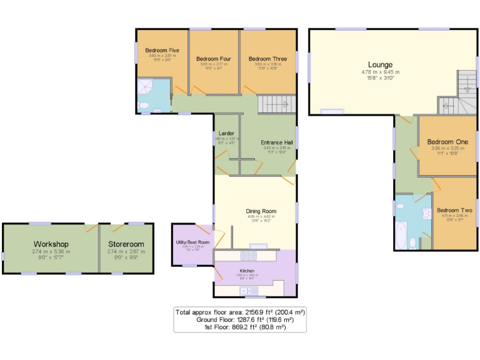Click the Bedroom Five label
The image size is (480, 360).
pos(162,50)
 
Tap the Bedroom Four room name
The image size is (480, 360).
pos(213,59)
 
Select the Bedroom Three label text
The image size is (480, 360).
pos(268,59)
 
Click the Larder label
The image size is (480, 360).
pos(226,133)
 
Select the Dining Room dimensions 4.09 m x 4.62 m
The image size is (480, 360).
pos(261,217)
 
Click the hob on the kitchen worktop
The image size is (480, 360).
pos(249,255)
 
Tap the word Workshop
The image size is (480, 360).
pos(51,244)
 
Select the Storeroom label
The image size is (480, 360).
pos(126,244)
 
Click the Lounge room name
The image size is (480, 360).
pos(380,65)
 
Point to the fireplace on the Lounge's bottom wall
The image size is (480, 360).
pos(331,112)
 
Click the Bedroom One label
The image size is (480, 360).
pos(447,142)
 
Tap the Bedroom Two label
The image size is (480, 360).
pos(454,211)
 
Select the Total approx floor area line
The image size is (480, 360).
pos(241,311)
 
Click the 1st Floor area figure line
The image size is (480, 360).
pos(241,326)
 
